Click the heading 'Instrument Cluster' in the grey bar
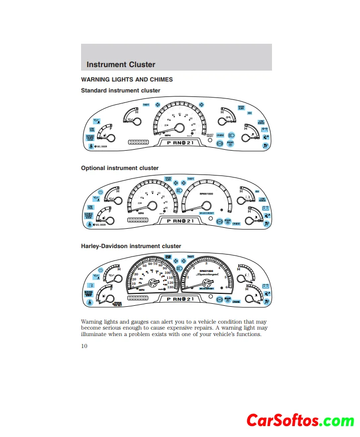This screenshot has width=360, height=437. click(x=121, y=65)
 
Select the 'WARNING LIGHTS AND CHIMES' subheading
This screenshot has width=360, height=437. click(x=127, y=80)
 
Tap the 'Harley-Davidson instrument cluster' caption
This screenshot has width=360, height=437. click(x=131, y=246)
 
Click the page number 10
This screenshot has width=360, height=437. click(x=85, y=346)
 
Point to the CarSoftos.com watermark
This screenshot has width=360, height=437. click(x=300, y=420)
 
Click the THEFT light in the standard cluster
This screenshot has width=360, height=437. click(x=146, y=105)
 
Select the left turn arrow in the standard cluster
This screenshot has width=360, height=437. click(x=157, y=104)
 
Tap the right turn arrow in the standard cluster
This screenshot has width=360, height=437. click(x=201, y=104)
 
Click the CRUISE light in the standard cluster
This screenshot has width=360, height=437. click(x=220, y=135)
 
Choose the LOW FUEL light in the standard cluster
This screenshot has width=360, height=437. click(x=92, y=130)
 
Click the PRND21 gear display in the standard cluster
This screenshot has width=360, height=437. click(x=180, y=143)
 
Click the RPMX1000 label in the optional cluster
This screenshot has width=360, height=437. click(x=206, y=194)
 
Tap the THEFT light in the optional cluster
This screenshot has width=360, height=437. click(x=190, y=178)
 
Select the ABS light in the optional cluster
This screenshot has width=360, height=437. click(x=257, y=191)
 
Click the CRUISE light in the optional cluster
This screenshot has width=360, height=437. click(x=236, y=224)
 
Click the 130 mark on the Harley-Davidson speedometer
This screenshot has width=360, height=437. click(x=171, y=287)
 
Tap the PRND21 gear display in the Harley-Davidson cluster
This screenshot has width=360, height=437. click(x=180, y=299)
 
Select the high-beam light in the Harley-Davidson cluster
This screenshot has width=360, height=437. click(x=180, y=267)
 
